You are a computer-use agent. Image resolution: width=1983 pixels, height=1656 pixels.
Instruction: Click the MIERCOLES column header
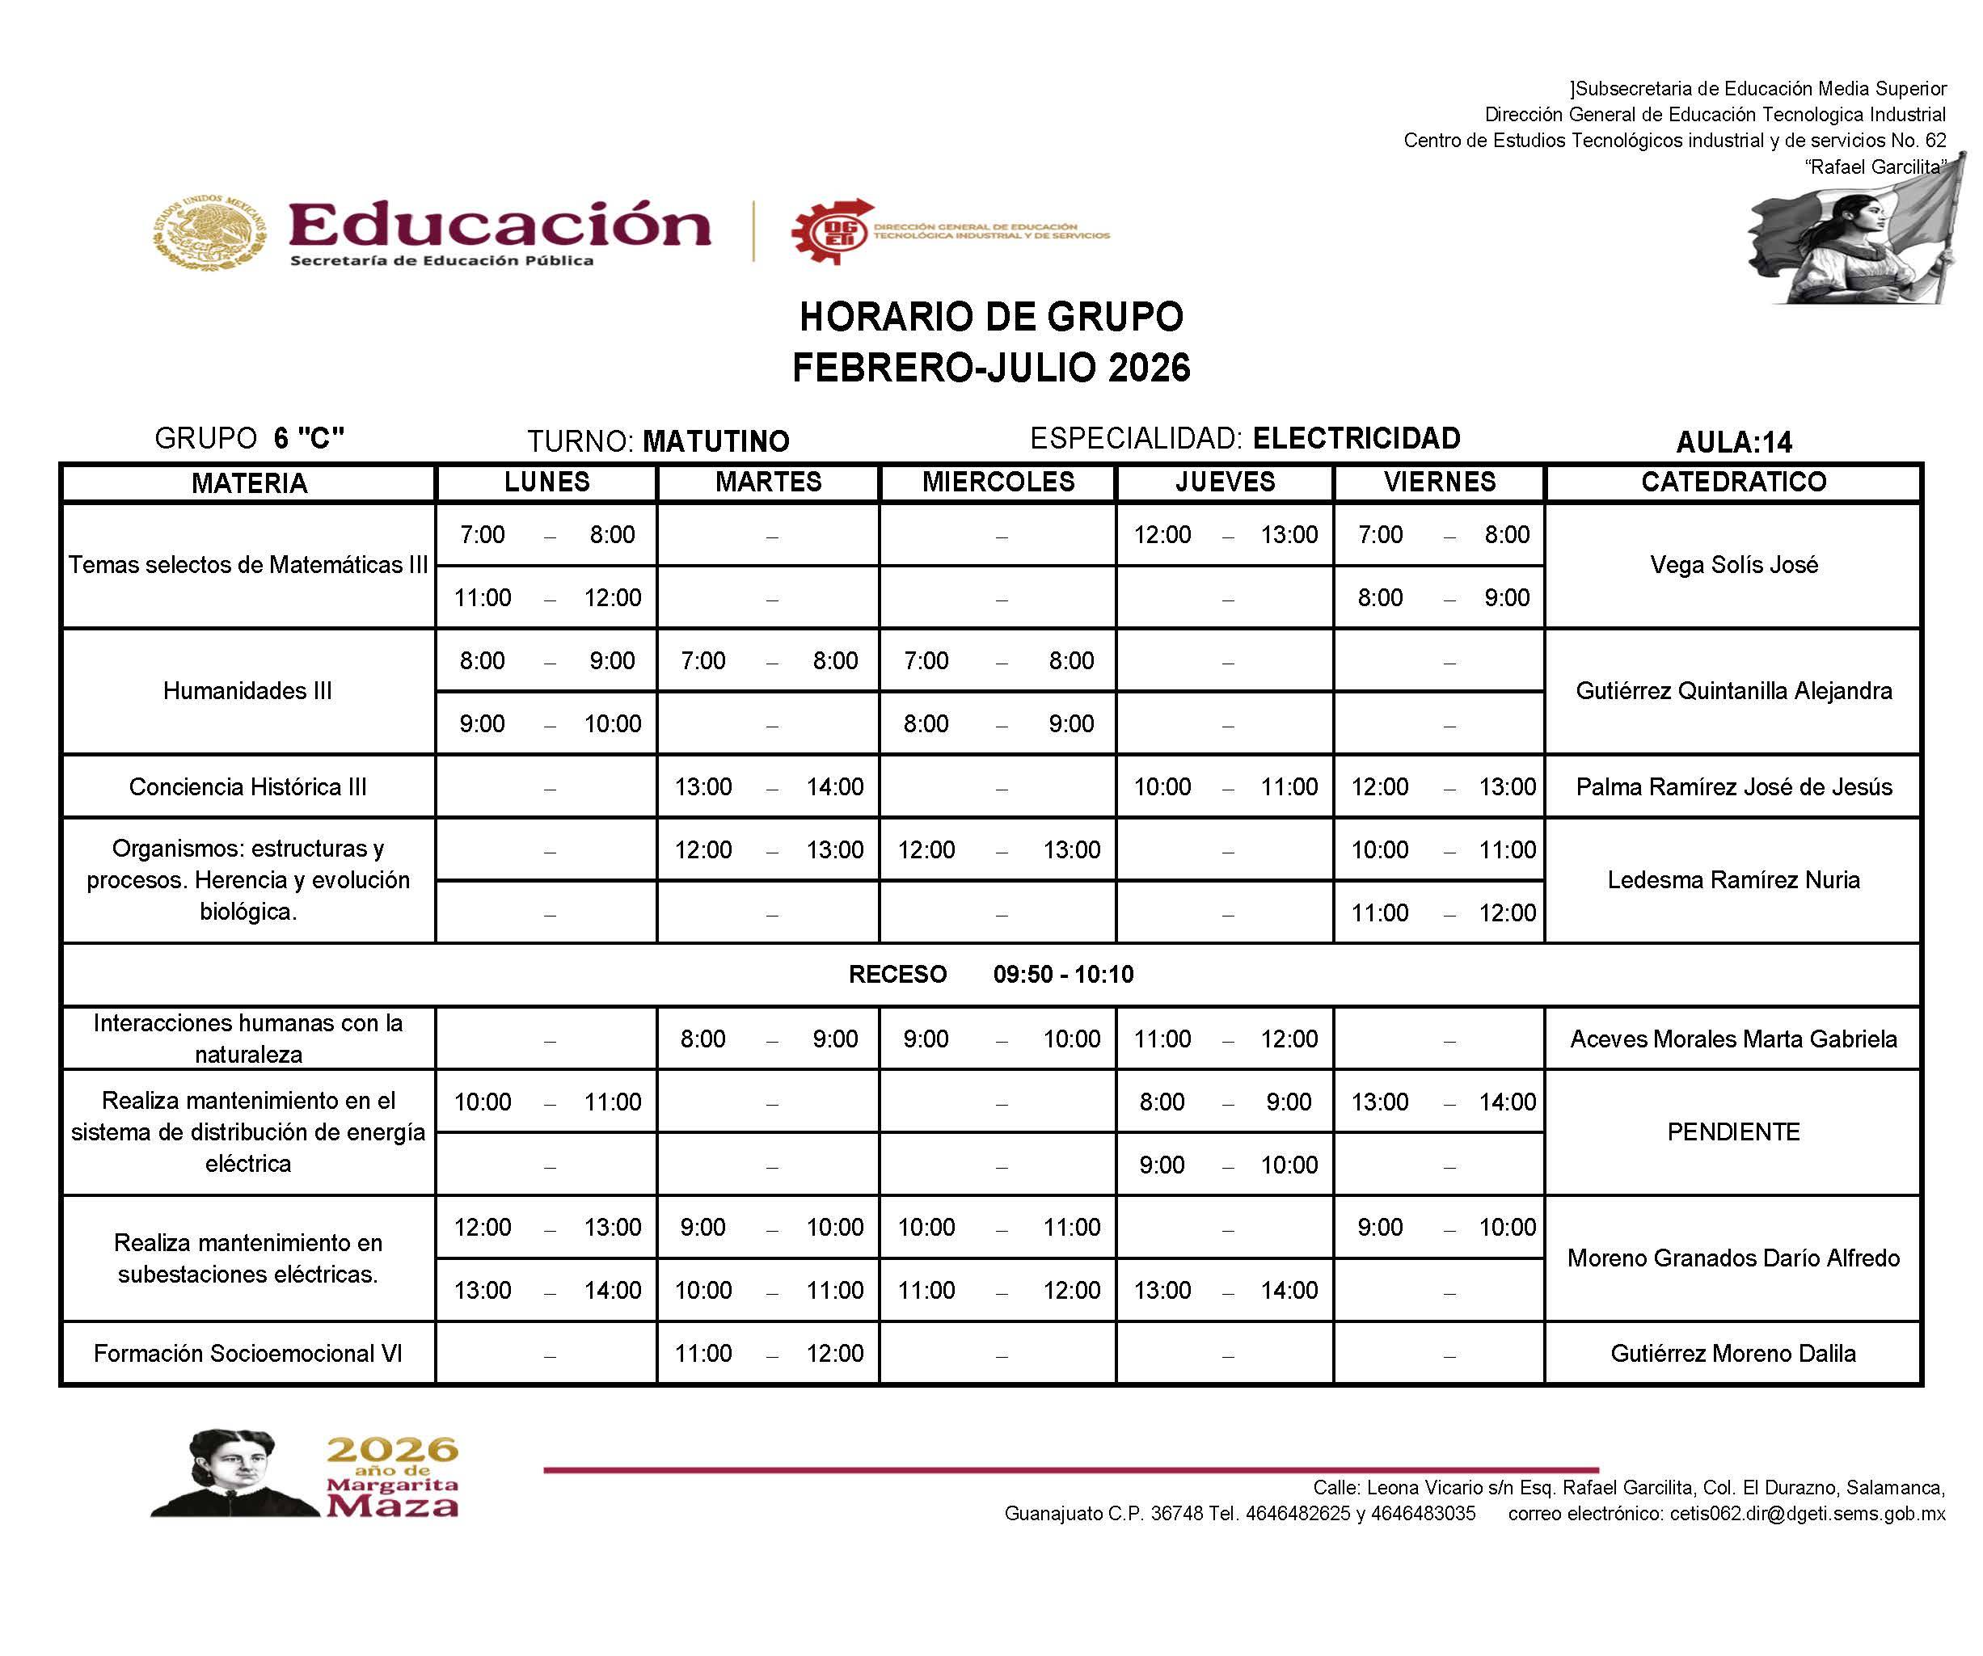coord(998,482)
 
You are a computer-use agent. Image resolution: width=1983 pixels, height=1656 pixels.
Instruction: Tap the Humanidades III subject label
coord(247,690)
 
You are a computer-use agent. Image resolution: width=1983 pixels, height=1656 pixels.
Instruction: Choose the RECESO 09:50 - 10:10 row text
coord(990,975)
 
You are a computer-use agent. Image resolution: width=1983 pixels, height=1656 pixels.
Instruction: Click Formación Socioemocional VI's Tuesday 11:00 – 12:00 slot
coord(769,1353)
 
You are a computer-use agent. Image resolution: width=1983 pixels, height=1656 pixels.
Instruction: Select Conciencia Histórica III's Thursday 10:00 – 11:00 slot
coord(1225,786)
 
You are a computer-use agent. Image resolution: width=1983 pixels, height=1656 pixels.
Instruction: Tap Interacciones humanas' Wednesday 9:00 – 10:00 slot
coord(998,1039)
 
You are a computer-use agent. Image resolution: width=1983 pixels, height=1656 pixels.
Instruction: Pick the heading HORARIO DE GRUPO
coord(990,318)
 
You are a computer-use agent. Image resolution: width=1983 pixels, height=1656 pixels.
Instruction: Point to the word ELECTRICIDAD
coord(1356,438)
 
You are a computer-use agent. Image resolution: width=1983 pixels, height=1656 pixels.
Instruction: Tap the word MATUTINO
coord(715,441)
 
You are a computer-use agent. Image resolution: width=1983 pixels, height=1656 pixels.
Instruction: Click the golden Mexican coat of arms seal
coord(209,232)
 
